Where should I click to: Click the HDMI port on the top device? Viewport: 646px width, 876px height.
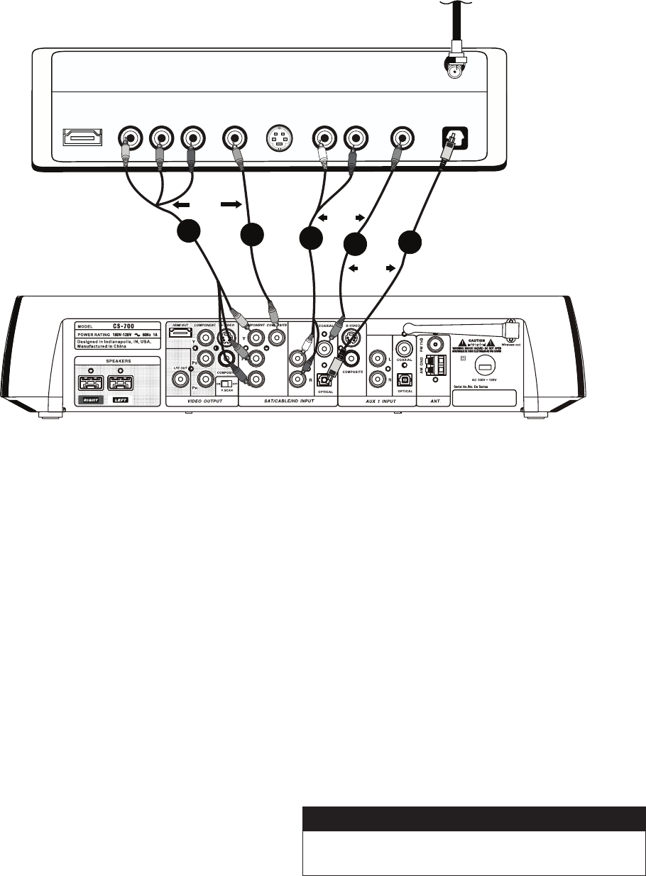point(82,137)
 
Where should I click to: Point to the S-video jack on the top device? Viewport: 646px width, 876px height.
point(279,137)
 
